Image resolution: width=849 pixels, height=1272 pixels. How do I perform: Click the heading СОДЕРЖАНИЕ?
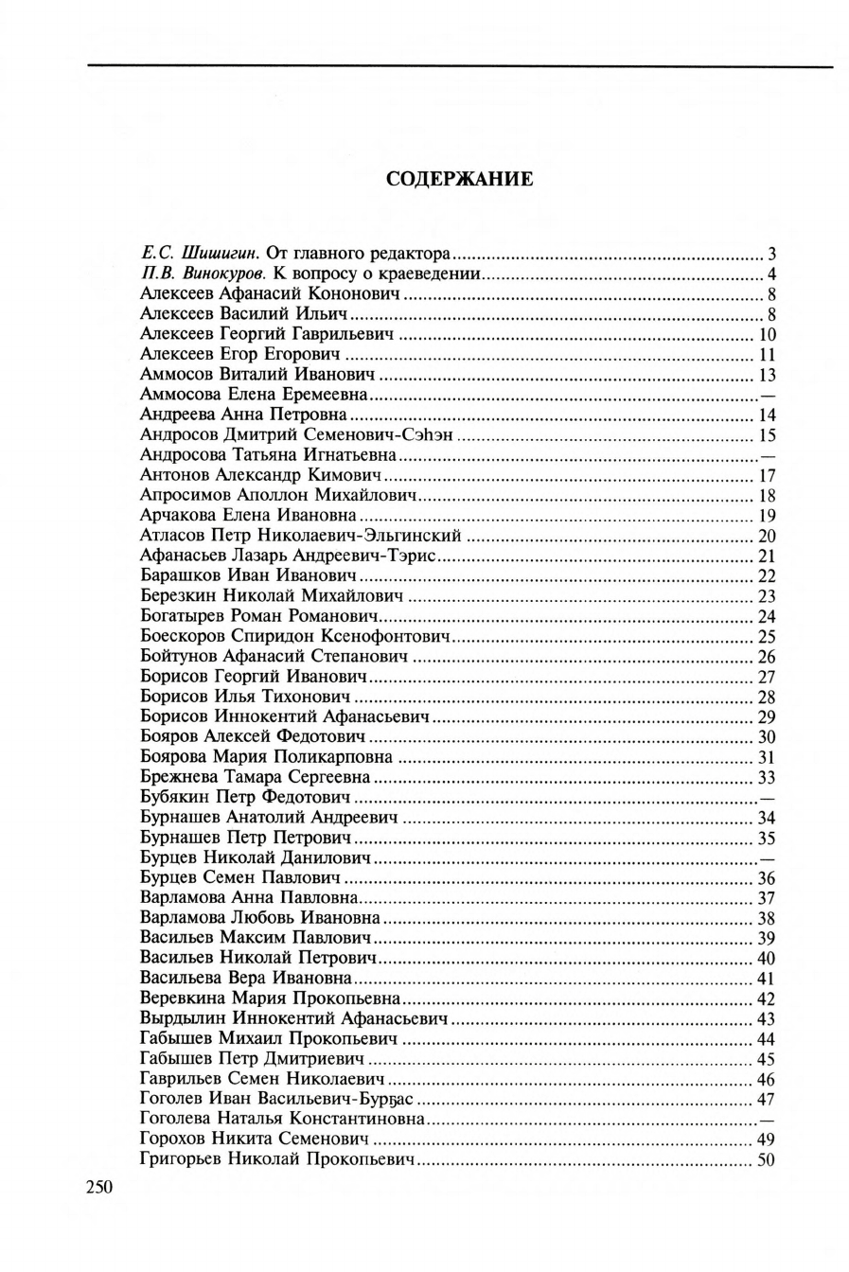(460, 180)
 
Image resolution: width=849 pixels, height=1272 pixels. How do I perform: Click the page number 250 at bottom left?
(99, 1188)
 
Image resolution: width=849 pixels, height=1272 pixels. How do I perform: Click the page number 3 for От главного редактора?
(771, 254)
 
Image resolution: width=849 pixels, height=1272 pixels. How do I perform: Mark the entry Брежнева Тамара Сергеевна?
(255, 777)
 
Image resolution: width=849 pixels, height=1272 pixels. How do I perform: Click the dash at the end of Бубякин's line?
(768, 797)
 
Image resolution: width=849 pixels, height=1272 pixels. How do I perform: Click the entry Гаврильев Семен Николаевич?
(261, 1079)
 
